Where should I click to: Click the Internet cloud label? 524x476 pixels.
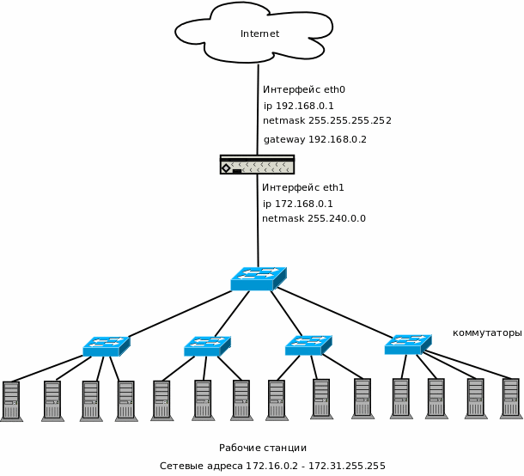tap(259, 34)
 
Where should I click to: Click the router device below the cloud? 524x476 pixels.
tap(257, 164)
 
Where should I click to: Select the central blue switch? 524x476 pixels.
tap(258, 278)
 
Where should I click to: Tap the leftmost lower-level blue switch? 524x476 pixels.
tap(106, 346)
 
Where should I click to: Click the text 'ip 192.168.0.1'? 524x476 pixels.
tap(298, 106)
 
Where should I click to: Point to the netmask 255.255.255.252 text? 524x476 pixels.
tap(326, 121)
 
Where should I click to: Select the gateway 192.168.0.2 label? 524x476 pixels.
tap(314, 139)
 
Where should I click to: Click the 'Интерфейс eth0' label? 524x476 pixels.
tap(303, 89)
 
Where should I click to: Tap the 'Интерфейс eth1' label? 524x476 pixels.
tap(302, 187)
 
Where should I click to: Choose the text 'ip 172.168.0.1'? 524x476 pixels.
tap(297, 204)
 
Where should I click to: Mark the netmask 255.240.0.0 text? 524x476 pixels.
tap(314, 219)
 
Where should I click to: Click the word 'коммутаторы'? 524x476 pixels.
tap(486, 333)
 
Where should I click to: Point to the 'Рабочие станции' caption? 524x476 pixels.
tap(262, 448)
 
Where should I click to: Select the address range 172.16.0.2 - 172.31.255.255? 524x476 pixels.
tap(272, 466)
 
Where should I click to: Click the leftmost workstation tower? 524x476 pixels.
tap(11, 401)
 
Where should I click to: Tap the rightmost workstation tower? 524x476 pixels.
tap(510, 398)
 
